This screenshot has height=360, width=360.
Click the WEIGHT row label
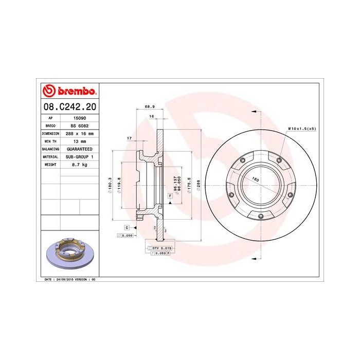pyautogui.click(x=50, y=164)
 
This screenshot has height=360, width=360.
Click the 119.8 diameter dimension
pyautogui.click(x=119, y=185)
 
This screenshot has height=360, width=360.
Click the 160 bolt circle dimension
pyautogui.click(x=255, y=179)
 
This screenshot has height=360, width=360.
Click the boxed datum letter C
pyautogui.click(x=127, y=227)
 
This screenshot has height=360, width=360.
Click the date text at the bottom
pyautogui.click(x=67, y=279)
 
